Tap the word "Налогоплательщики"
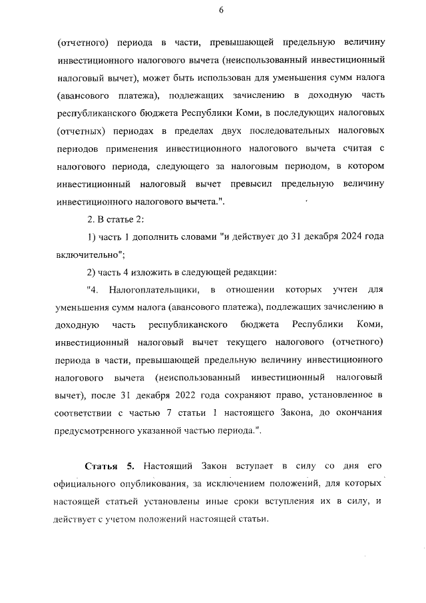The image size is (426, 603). click(154, 289)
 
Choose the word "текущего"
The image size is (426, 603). click(244, 342)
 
